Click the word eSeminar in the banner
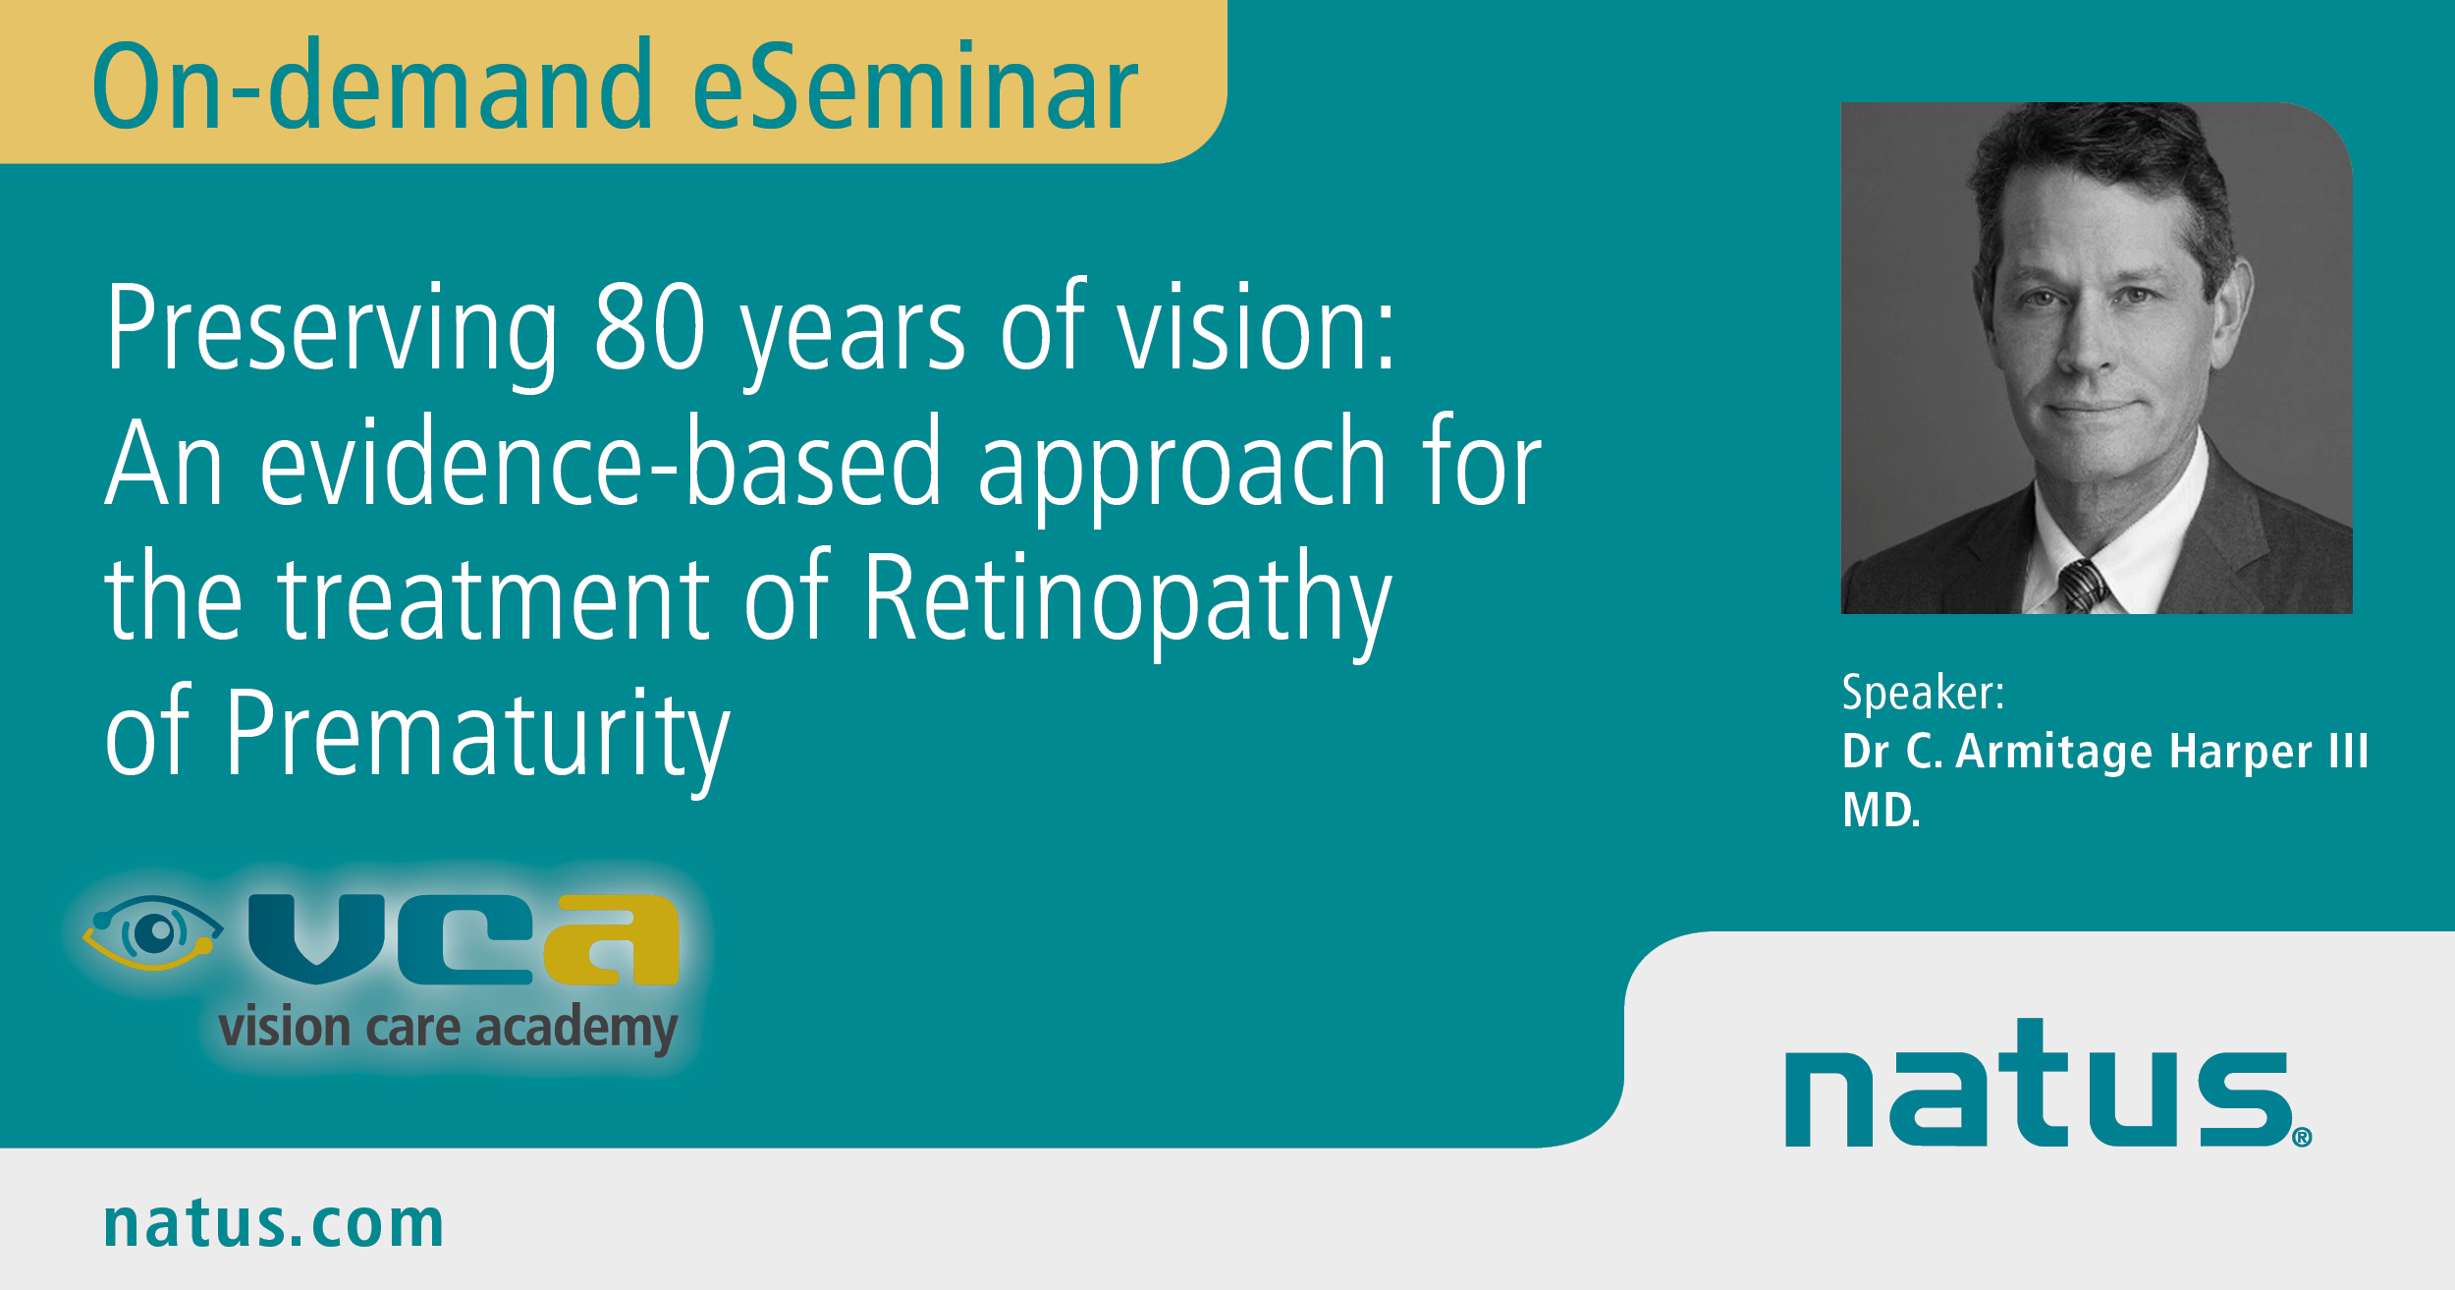point(915,84)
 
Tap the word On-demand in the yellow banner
point(372,84)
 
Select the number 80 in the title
point(650,327)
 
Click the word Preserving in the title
point(332,334)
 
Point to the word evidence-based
point(601,461)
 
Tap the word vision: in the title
point(1256,327)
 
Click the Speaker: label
point(1923,693)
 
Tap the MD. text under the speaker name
point(1881,811)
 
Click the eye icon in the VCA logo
point(152,932)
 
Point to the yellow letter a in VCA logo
point(612,939)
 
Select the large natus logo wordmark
point(2038,1083)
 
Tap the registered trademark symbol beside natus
point(2302,1138)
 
